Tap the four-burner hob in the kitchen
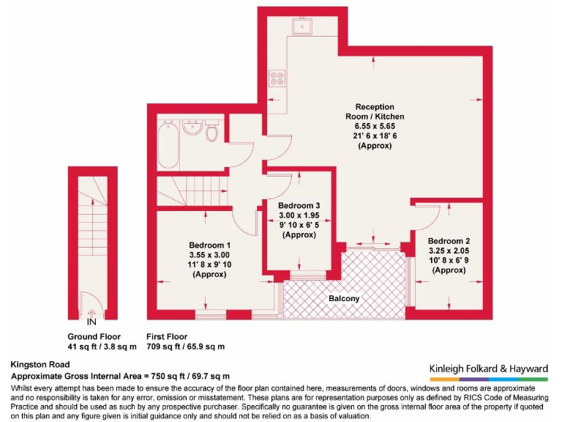[x=277, y=76]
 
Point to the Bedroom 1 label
[x=209, y=245]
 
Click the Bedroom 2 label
[x=449, y=241]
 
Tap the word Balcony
[x=343, y=298]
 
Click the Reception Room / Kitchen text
[x=375, y=111]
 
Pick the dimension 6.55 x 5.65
[x=375, y=126]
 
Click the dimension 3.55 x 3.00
[x=209, y=254]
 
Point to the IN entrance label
[x=91, y=322]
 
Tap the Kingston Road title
[x=40, y=364]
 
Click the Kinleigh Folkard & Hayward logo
[x=487, y=369]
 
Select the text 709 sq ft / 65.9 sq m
[x=186, y=346]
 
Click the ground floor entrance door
[x=91, y=301]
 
